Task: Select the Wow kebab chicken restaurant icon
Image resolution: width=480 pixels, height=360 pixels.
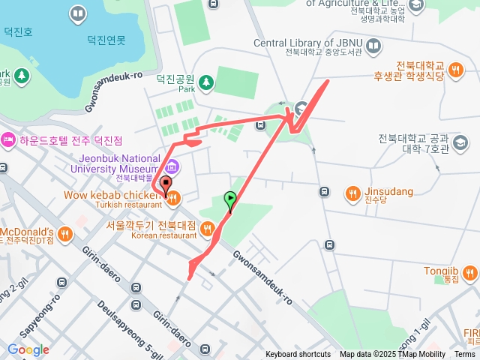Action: pyautogui.click(x=173, y=198)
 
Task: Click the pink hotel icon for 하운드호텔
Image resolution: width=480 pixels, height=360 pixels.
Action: pyautogui.click(x=8, y=139)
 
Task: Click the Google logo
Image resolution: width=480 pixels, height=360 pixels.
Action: pyautogui.click(x=28, y=349)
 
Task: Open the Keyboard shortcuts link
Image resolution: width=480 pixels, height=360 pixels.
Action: pyautogui.click(x=298, y=355)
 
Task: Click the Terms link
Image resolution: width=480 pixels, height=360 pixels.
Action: pyautogui.click(x=465, y=355)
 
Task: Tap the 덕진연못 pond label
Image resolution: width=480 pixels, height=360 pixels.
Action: pyautogui.click(x=106, y=40)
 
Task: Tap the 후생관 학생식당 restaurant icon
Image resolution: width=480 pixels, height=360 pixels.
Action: pyautogui.click(x=455, y=70)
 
